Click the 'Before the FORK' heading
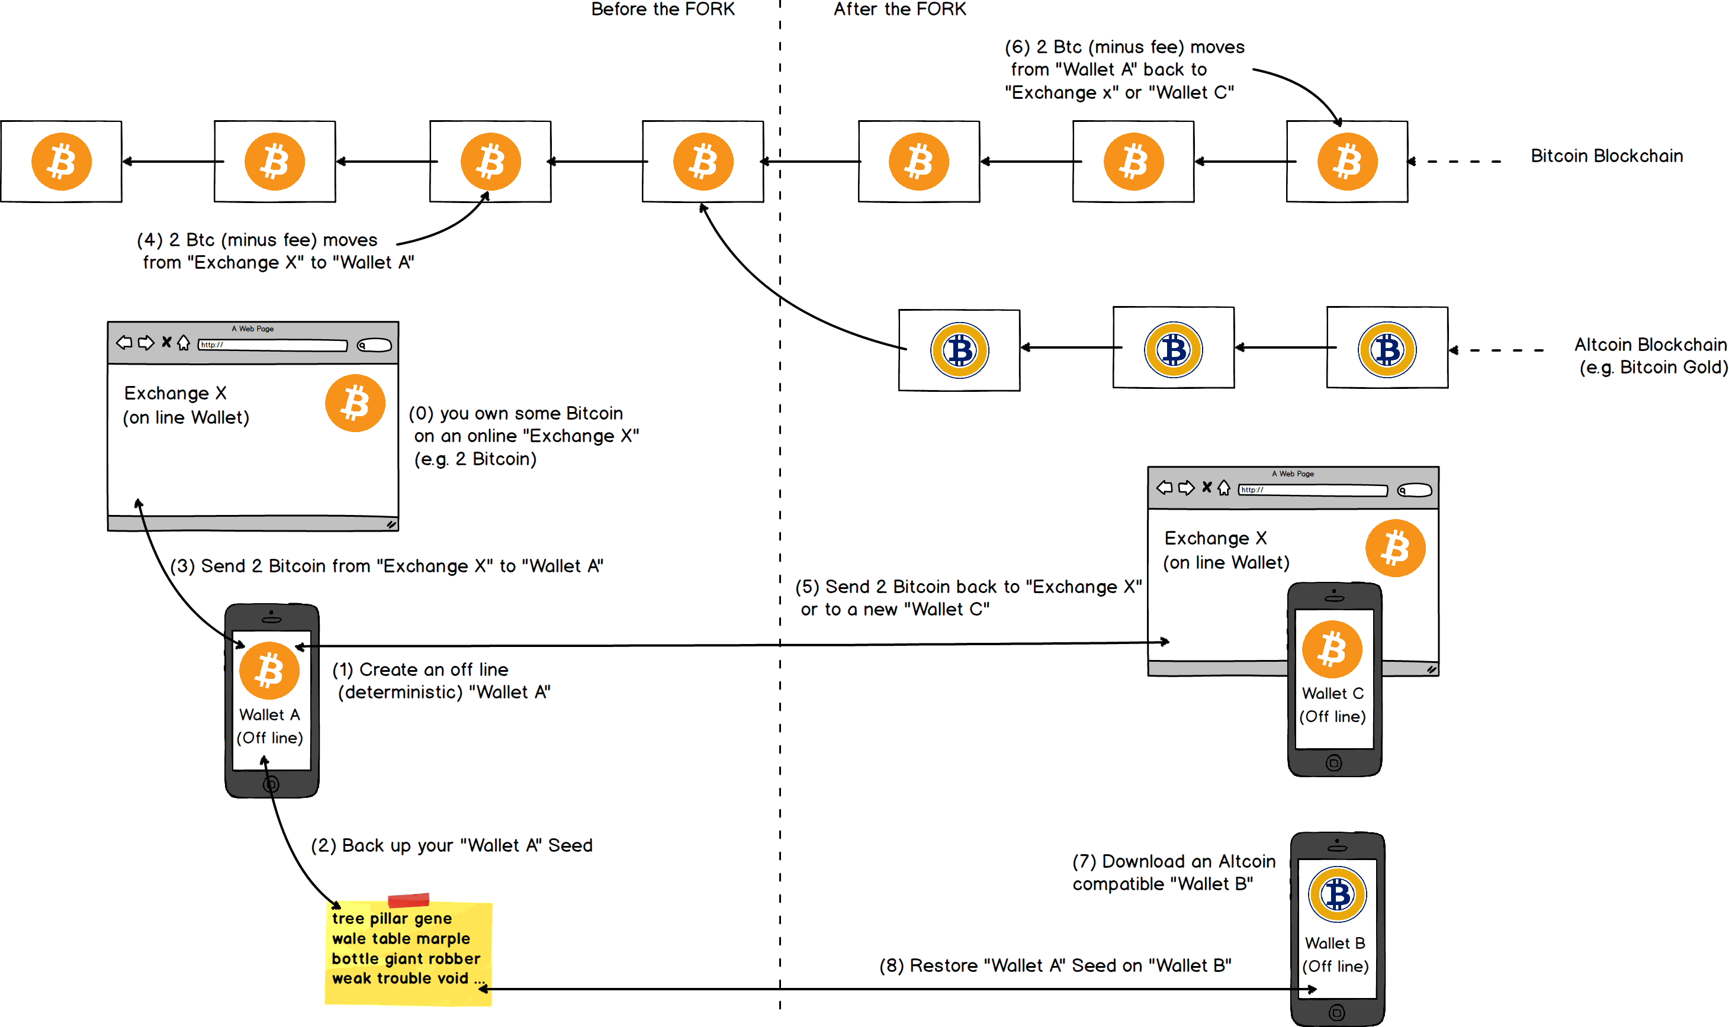(663, 9)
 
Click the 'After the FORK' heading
(899, 9)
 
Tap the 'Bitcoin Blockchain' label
(1606, 156)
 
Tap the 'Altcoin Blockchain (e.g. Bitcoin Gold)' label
(1651, 356)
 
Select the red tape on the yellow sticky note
(409, 900)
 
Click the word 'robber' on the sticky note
(454, 958)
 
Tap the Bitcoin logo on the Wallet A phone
(269, 670)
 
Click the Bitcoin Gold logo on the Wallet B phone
(1337, 894)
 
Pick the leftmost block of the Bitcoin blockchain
(62, 161)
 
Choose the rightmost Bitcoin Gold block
(1387, 348)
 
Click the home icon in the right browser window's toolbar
(1224, 488)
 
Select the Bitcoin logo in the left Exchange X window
(355, 403)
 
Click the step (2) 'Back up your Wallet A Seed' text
(451, 845)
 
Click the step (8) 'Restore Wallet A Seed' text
(1055, 965)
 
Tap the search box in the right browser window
(1414, 490)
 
